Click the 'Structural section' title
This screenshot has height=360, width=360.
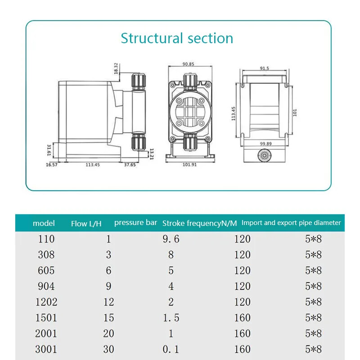click(177, 38)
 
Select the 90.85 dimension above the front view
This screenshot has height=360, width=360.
click(188, 64)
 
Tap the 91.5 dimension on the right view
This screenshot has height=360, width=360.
click(264, 69)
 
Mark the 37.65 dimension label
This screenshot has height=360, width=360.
click(130, 165)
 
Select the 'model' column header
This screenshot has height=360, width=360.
click(44, 223)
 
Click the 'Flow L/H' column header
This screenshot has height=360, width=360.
click(86, 223)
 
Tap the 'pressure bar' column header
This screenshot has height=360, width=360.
click(135, 222)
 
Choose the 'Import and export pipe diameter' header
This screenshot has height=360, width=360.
click(291, 222)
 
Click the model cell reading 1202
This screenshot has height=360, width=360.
click(46, 302)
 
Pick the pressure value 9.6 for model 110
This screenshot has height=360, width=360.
click(171, 239)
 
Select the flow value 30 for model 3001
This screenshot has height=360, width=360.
click(108, 349)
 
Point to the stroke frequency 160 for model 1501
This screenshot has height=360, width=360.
click(242, 318)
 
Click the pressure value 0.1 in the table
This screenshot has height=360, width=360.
click(171, 349)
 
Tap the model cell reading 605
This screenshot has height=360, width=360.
click(46, 270)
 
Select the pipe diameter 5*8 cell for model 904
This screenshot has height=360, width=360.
click(313, 286)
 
